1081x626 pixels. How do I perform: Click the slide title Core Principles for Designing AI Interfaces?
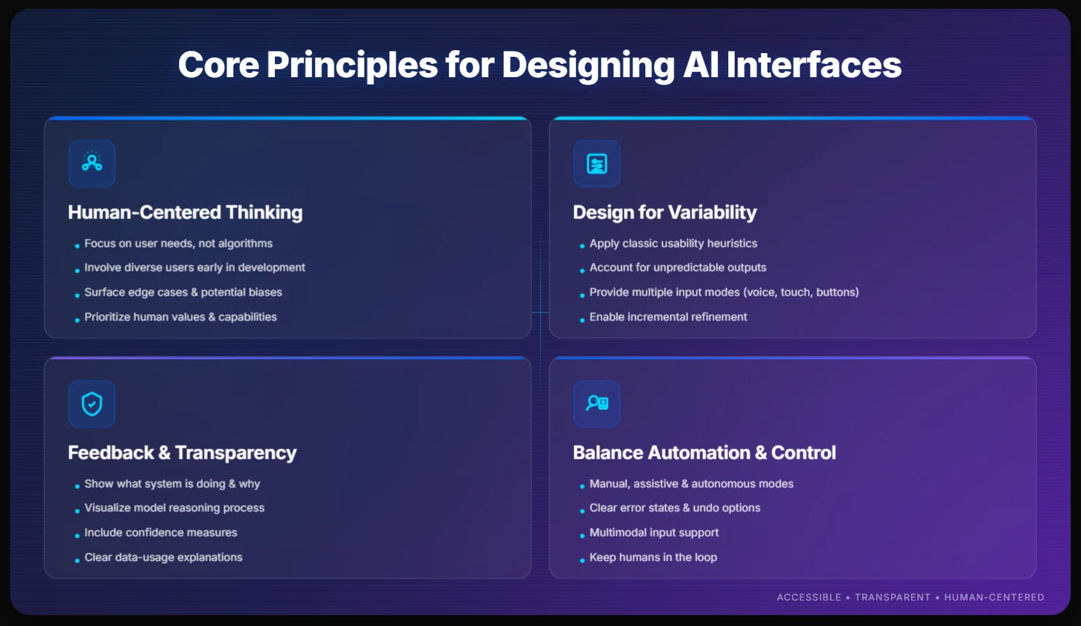click(x=540, y=65)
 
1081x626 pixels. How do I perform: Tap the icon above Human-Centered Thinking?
click(x=92, y=163)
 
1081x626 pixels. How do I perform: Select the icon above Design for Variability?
click(x=597, y=163)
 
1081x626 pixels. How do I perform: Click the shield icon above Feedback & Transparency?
click(x=92, y=403)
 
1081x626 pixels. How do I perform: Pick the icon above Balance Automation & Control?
click(x=597, y=403)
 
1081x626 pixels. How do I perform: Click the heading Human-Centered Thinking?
click(x=185, y=213)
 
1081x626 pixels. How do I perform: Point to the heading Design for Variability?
click(x=664, y=213)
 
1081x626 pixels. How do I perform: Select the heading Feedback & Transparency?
click(x=182, y=453)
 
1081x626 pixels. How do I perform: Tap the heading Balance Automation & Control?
click(x=704, y=453)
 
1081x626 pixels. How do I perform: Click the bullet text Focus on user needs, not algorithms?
click(x=178, y=244)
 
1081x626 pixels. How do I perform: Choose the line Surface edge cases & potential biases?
click(x=183, y=293)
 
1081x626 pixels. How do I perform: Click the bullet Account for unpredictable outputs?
click(x=677, y=268)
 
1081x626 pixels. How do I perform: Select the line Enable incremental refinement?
click(x=668, y=317)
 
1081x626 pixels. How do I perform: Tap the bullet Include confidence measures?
click(x=161, y=533)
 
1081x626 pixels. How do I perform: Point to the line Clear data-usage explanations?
click(x=163, y=558)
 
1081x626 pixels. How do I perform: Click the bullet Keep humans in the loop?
click(x=653, y=558)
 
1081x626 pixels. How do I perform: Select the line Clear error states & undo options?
click(x=674, y=508)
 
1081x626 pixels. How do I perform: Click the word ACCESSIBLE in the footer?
click(x=808, y=598)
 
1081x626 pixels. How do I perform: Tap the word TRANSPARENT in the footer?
click(x=892, y=598)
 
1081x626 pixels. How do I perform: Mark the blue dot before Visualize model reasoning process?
click(x=77, y=511)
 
